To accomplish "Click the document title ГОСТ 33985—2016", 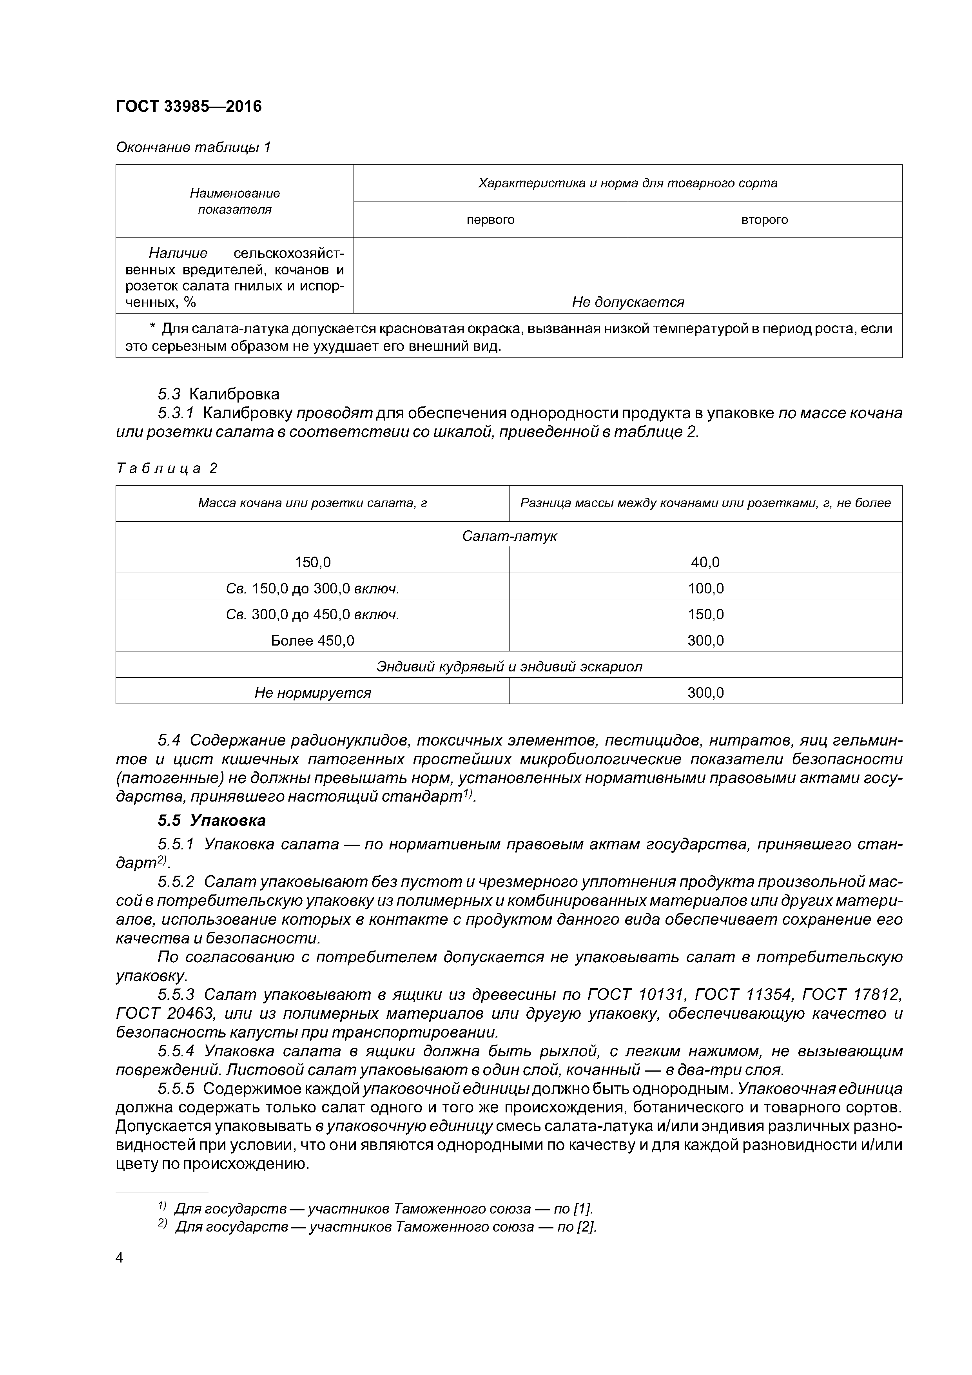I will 188,107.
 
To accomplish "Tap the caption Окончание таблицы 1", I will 193,147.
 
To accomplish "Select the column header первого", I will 490,220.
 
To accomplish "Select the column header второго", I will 764,220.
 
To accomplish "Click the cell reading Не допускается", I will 627,303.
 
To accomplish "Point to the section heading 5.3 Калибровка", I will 219,394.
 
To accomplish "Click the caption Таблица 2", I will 167,468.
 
